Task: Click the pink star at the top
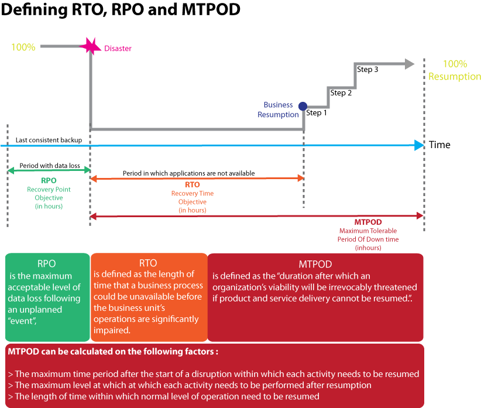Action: point(91,44)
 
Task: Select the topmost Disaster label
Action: point(118,49)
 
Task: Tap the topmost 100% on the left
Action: point(23,47)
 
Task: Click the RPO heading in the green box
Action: point(46,264)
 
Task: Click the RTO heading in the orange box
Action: point(148,263)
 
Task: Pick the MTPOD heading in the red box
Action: point(315,264)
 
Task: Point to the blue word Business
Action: point(278,105)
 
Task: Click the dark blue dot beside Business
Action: point(303,106)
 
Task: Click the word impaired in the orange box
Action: point(112,330)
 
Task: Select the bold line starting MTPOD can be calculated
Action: point(114,352)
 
